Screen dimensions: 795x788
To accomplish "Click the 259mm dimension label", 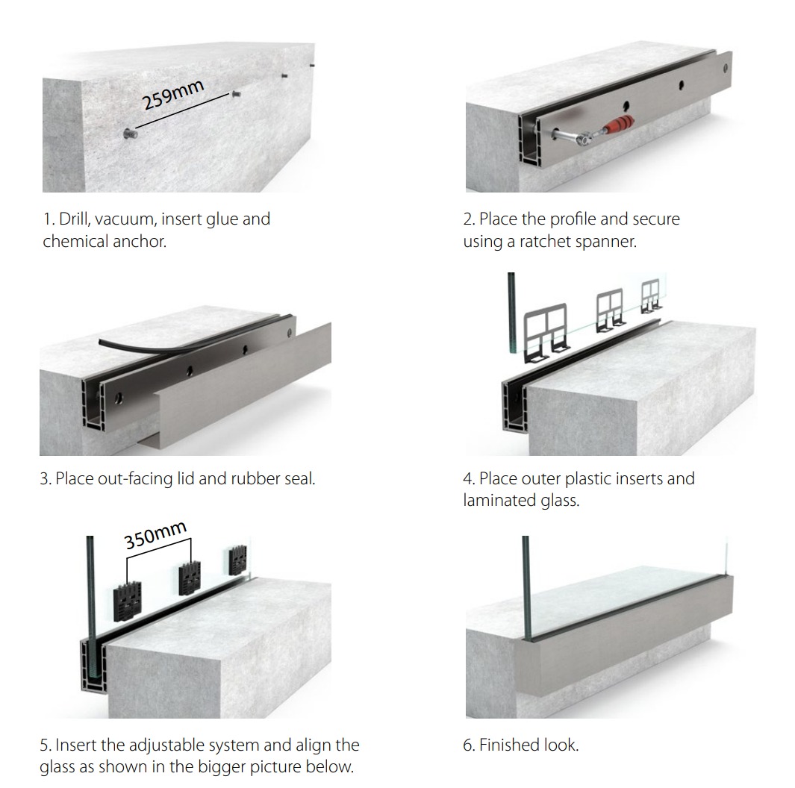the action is [x=173, y=95].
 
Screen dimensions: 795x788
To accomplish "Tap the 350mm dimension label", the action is [x=156, y=535].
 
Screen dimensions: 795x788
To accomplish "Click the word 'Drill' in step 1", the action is [x=74, y=219].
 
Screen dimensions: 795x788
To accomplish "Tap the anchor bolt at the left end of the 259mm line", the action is [x=130, y=134].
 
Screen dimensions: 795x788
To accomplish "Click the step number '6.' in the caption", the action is [x=469, y=745].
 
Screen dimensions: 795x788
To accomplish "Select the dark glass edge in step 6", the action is [x=526, y=588].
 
